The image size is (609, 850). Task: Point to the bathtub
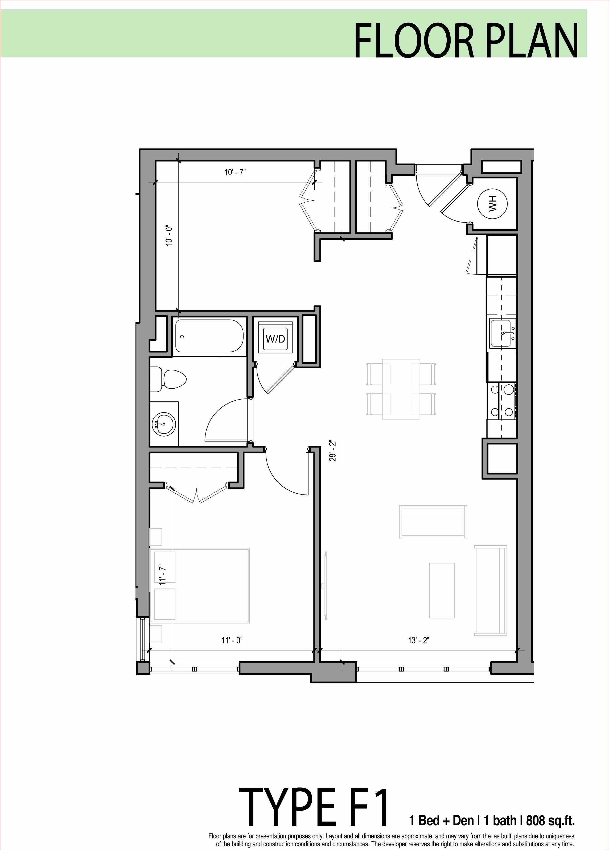[x=210, y=336]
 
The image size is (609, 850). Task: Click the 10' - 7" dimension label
[x=235, y=172]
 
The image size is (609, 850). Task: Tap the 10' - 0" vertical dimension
[x=169, y=236]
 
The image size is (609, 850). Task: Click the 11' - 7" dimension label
[x=162, y=575]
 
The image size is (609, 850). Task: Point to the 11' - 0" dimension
[x=232, y=640]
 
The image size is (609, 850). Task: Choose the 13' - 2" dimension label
[x=418, y=640]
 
